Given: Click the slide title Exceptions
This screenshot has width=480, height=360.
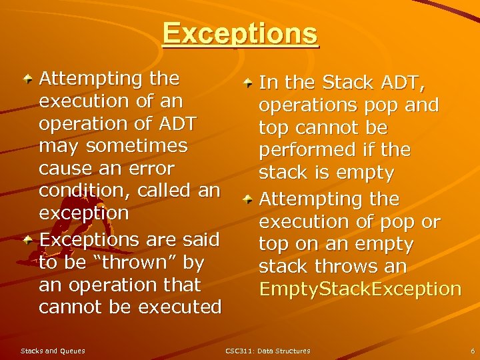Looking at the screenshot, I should (x=240, y=34).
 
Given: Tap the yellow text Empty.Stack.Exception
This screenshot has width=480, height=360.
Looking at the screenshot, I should (x=360, y=289).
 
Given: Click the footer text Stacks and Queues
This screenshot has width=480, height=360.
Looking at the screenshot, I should (x=53, y=351).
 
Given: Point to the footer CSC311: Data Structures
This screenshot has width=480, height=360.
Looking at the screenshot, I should (x=268, y=351).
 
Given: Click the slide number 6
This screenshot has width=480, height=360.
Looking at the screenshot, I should (x=472, y=351).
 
